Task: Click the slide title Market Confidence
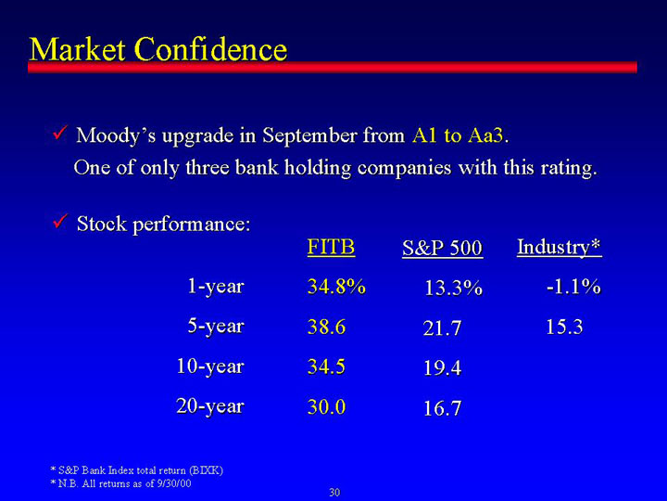click(x=158, y=49)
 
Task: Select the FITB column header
click(x=331, y=247)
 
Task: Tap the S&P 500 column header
click(x=443, y=248)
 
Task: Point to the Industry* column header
click(x=560, y=248)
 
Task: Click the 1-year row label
click(x=216, y=287)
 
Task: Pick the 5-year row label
click(x=216, y=327)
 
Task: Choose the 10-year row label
click(x=210, y=366)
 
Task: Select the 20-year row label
click(x=210, y=406)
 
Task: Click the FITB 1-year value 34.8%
click(x=336, y=287)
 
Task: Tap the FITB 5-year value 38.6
click(x=326, y=327)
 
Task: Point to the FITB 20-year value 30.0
click(x=326, y=407)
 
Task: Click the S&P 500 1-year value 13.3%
click(x=453, y=288)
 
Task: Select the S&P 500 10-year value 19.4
click(x=443, y=367)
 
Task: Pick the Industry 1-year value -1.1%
click(x=573, y=287)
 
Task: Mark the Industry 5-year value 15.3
click(x=564, y=327)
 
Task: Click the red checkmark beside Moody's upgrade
click(x=59, y=134)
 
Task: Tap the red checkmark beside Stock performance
click(x=59, y=221)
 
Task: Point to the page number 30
click(x=334, y=493)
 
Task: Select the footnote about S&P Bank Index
click(x=136, y=470)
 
